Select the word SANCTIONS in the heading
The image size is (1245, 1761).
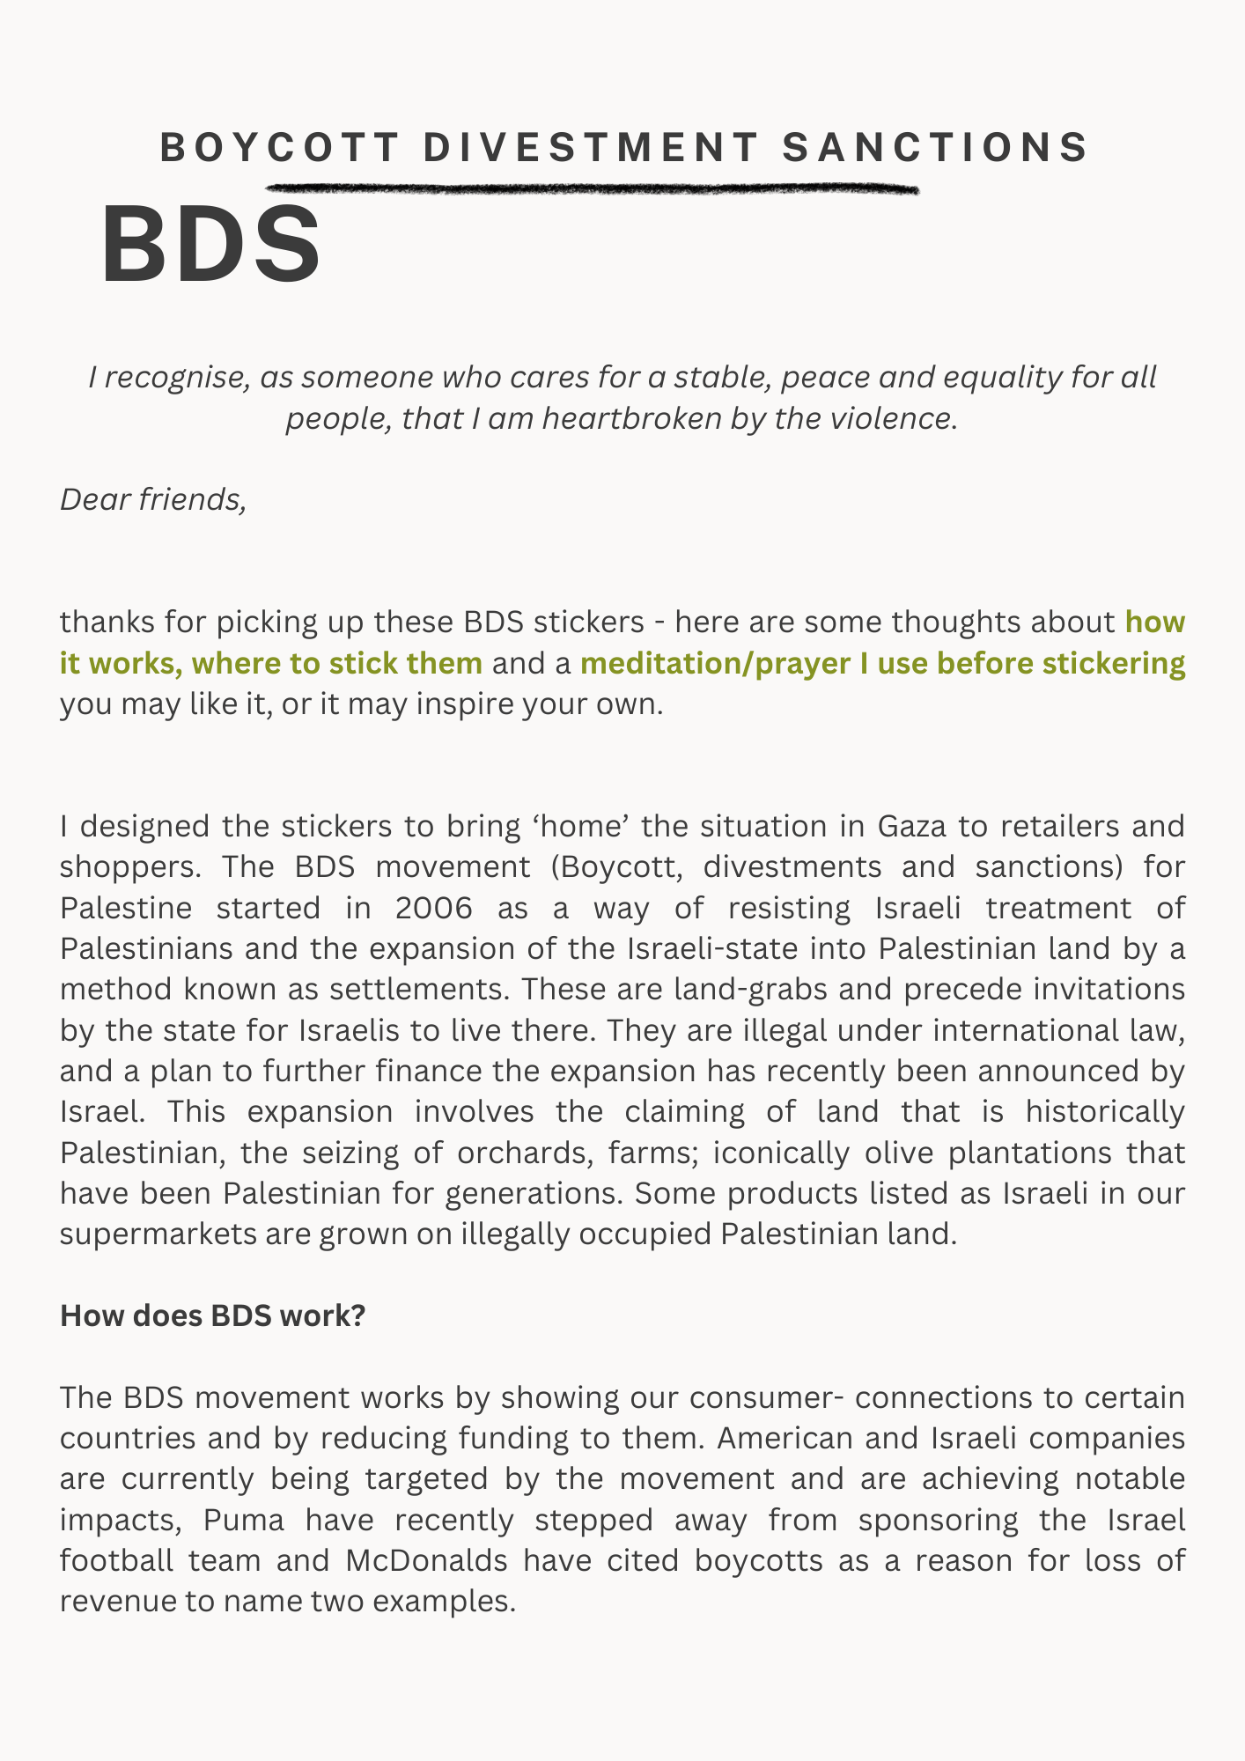point(936,148)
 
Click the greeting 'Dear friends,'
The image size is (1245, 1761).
point(152,499)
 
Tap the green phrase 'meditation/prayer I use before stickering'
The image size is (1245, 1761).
point(882,662)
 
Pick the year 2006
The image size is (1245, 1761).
point(433,908)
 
